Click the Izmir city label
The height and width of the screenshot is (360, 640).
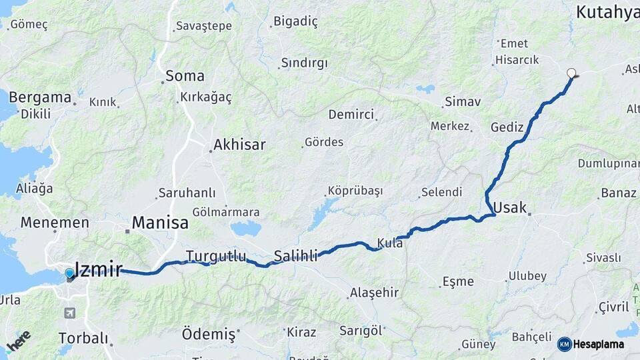pos(99,269)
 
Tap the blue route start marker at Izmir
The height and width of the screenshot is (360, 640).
pos(69,273)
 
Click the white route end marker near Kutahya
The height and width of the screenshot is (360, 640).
pos(571,73)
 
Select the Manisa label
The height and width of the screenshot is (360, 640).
pos(160,223)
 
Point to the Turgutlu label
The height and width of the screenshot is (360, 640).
pos(216,256)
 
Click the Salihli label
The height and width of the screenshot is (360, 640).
pos(295,256)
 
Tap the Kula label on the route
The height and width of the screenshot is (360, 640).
pos(390,243)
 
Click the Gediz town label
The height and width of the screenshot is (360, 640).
pos(507,127)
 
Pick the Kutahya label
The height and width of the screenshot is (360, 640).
pos(607,12)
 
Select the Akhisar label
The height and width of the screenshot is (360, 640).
pos(239,144)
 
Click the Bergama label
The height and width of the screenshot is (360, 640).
pos(40,97)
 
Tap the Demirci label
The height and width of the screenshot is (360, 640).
pos(351,114)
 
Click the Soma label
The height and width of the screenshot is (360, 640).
pos(185,75)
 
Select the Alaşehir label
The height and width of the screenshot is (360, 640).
pos(373,292)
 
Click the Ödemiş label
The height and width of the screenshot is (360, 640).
pos(209,333)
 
